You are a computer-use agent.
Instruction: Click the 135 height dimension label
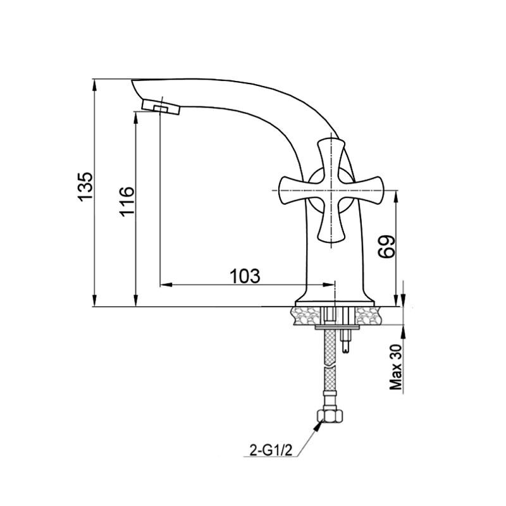(86, 187)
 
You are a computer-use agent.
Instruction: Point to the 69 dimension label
(386, 247)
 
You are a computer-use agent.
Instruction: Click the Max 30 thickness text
(396, 367)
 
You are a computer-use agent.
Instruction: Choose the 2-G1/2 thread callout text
(271, 450)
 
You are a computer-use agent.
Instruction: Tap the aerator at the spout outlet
(161, 107)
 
